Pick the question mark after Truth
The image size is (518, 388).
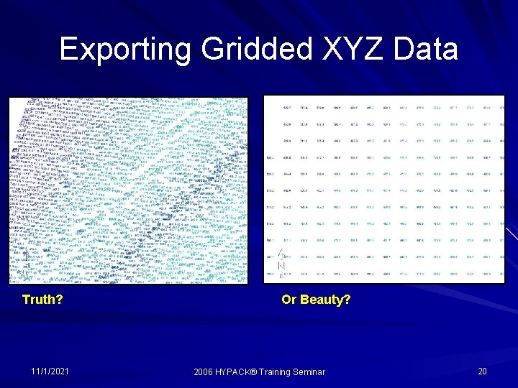(58, 299)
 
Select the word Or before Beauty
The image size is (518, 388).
(288, 299)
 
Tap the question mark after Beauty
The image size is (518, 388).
(347, 299)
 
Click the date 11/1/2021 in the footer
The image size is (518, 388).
(50, 371)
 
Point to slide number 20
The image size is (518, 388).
(482, 371)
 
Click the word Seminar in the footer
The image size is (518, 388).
(312, 371)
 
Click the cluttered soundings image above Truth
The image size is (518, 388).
(127, 190)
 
